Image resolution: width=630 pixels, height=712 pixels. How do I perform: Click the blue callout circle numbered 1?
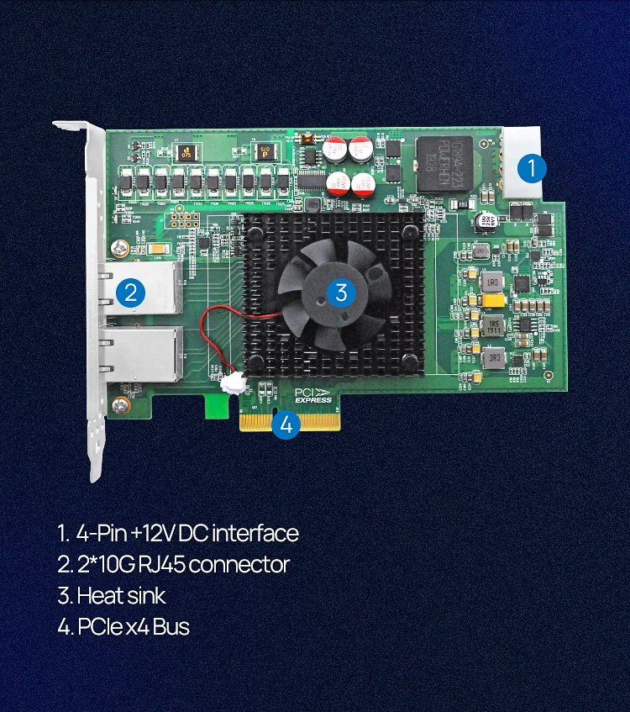coord(531,168)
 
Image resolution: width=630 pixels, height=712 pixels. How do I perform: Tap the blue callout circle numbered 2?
coord(130,292)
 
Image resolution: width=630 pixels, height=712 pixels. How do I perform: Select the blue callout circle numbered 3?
coord(340,292)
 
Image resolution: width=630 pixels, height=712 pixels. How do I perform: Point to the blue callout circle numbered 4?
coord(286,425)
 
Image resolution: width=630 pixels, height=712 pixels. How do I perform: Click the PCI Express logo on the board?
coord(312,395)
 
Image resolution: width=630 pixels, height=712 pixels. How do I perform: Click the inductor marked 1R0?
coord(494,281)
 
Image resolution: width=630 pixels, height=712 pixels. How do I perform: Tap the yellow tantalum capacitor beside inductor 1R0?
coord(493,299)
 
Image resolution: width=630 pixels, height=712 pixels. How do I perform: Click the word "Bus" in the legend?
coord(171,627)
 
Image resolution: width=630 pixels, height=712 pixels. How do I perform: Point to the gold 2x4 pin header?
coord(183,221)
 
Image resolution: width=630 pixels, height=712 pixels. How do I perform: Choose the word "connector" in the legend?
coord(240,564)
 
